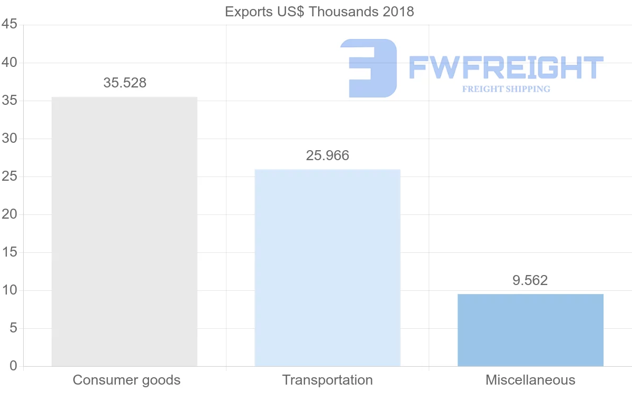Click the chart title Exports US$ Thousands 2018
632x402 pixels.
point(319,12)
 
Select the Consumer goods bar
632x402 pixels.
point(124,232)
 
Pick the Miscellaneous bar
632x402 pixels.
point(530,330)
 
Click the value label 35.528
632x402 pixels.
point(125,83)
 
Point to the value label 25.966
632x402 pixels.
point(328,155)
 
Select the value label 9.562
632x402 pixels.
point(530,280)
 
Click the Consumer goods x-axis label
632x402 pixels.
point(126,380)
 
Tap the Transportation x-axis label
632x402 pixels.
point(328,380)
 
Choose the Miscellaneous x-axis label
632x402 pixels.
point(530,380)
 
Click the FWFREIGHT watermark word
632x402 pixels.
point(506,68)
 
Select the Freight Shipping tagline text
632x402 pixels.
point(506,89)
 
